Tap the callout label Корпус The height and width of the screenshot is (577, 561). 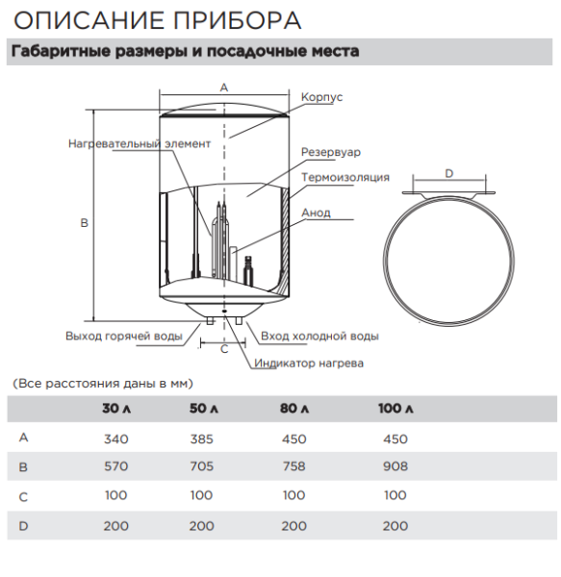[x=321, y=97]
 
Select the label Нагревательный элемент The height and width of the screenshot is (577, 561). [x=139, y=144]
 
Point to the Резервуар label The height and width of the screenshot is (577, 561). [x=331, y=152]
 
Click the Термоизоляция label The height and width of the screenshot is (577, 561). [x=344, y=177]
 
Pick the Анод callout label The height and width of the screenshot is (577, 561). [x=317, y=213]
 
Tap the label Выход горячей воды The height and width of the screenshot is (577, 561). [x=124, y=336]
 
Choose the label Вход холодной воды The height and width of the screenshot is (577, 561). [x=319, y=336]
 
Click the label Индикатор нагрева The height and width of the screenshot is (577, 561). [x=308, y=364]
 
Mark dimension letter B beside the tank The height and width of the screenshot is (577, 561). [x=84, y=222]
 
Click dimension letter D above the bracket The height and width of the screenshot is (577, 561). [x=449, y=173]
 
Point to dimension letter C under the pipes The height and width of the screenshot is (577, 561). [x=224, y=350]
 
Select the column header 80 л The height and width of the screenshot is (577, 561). [x=293, y=410]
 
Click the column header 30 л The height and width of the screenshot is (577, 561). [x=115, y=410]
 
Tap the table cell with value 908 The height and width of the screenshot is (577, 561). [x=395, y=467]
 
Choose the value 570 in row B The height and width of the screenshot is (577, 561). [x=115, y=467]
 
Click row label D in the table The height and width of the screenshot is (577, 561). [x=23, y=525]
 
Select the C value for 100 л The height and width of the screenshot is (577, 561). [x=395, y=496]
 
